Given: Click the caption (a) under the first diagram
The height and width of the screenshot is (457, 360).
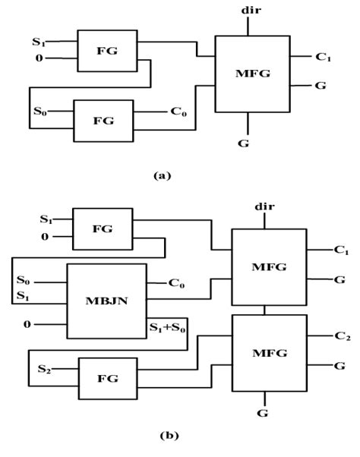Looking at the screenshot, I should tap(162, 175).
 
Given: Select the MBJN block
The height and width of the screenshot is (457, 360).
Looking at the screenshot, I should tap(106, 302).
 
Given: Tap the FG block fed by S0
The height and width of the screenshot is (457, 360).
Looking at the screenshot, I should tap(102, 121).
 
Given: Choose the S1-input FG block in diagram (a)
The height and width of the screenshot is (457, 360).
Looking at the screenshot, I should tap(107, 51).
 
